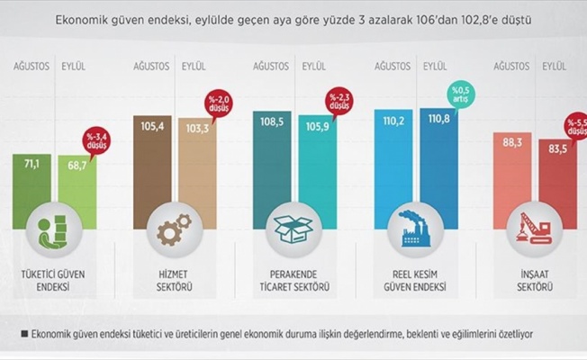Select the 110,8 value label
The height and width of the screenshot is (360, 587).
pyautogui.click(x=434, y=118)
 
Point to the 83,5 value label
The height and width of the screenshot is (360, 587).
pyautogui.click(x=554, y=148)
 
